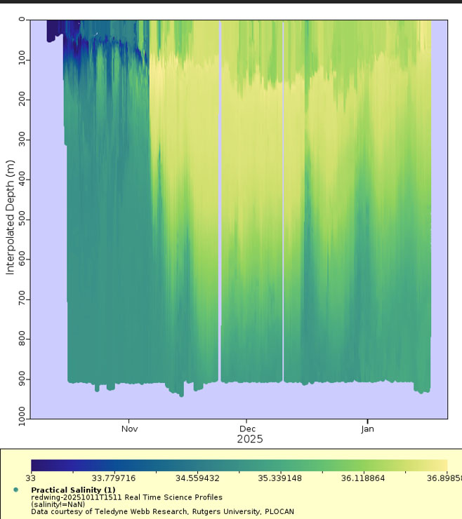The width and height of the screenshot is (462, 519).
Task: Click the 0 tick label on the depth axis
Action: pyautogui.click(x=22, y=20)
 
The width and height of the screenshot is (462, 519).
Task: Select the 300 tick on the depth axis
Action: pyautogui.click(x=22, y=139)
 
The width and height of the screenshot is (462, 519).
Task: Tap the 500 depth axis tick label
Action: pyautogui.click(x=22, y=219)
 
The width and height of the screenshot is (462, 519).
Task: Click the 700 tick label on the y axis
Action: pyautogui.click(x=22, y=299)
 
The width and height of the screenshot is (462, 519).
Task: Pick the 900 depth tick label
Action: pyautogui.click(x=22, y=379)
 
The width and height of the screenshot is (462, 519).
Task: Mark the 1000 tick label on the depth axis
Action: pyautogui.click(x=22, y=417)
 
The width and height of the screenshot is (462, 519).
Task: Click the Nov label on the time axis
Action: pyautogui.click(x=129, y=429)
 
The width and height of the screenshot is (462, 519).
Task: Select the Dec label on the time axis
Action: pyautogui.click(x=247, y=429)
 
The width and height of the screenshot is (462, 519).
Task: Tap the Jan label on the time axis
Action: pyautogui.click(x=367, y=429)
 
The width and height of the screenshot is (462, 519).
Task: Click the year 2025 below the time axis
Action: pyautogui.click(x=250, y=439)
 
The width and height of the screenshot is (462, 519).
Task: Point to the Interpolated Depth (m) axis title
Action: pyautogui.click(x=11, y=217)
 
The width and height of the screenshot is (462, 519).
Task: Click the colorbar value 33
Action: pyautogui.click(x=30, y=478)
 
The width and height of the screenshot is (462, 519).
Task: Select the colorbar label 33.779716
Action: pyautogui.click(x=114, y=478)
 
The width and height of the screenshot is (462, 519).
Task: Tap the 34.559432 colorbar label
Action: pyautogui.click(x=197, y=478)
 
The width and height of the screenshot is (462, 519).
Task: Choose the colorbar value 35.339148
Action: pyautogui.click(x=280, y=478)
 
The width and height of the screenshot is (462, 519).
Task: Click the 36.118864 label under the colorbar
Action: pyautogui.click(x=363, y=478)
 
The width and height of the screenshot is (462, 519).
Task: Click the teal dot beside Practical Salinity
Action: pyautogui.click(x=16, y=490)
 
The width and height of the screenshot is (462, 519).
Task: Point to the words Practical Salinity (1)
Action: pyautogui.click(x=73, y=490)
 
